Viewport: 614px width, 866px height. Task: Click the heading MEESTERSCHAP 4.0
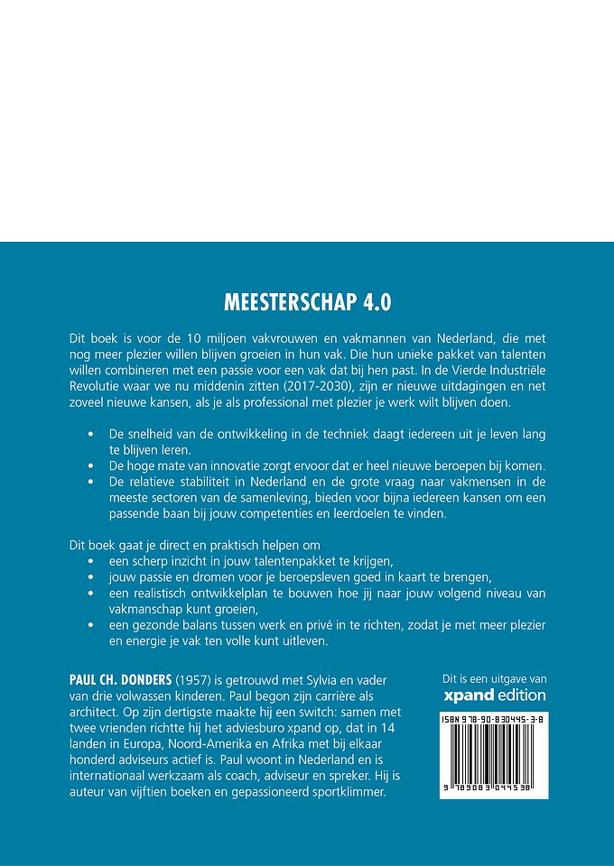pyautogui.click(x=307, y=299)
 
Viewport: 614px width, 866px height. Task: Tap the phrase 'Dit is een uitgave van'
pyautogui.click(x=494, y=678)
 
